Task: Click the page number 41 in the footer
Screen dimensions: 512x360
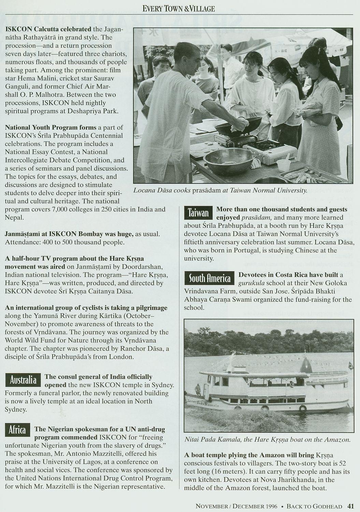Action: tap(351, 506)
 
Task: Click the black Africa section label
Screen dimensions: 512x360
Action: tap(17, 430)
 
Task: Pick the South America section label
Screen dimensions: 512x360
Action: tap(210, 279)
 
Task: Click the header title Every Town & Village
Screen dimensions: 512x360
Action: tap(179, 9)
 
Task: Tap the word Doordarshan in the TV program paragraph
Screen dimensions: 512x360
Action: tap(131, 266)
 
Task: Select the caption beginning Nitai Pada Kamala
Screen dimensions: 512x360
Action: tap(267, 440)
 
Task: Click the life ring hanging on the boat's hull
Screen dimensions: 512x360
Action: tap(302, 408)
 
